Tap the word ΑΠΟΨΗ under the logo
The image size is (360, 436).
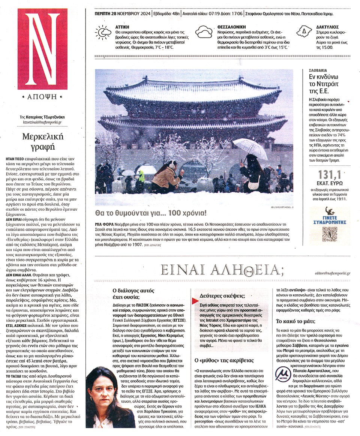(x=42, y=96)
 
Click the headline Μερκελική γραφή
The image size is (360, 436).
(x=42, y=141)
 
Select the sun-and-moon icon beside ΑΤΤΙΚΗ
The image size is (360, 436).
(x=102, y=32)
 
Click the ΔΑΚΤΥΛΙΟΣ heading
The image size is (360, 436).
(x=328, y=27)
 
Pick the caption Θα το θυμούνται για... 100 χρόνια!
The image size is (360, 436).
(x=151, y=214)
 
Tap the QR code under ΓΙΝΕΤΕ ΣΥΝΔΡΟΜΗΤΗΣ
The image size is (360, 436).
(x=328, y=233)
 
